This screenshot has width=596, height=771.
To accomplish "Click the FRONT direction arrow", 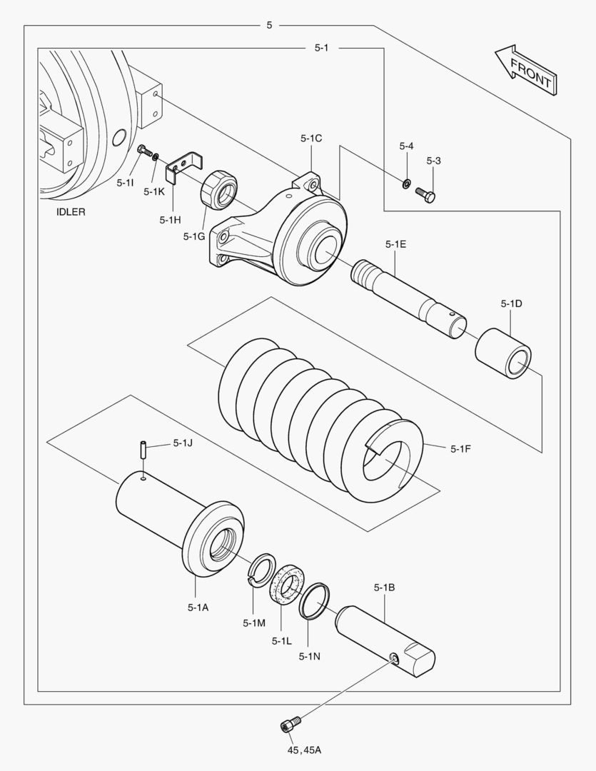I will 525,71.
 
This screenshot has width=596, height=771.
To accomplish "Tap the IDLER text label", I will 71,212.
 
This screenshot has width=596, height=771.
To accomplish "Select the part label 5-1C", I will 311,138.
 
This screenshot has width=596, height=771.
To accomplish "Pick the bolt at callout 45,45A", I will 288,725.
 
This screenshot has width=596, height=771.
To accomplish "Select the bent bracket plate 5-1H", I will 184,168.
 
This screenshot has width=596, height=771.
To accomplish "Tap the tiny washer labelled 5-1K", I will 156,156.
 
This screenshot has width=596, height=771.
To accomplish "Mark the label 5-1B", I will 384,588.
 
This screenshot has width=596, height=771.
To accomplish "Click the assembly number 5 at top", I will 269,26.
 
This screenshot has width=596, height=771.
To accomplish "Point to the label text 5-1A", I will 198,607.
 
